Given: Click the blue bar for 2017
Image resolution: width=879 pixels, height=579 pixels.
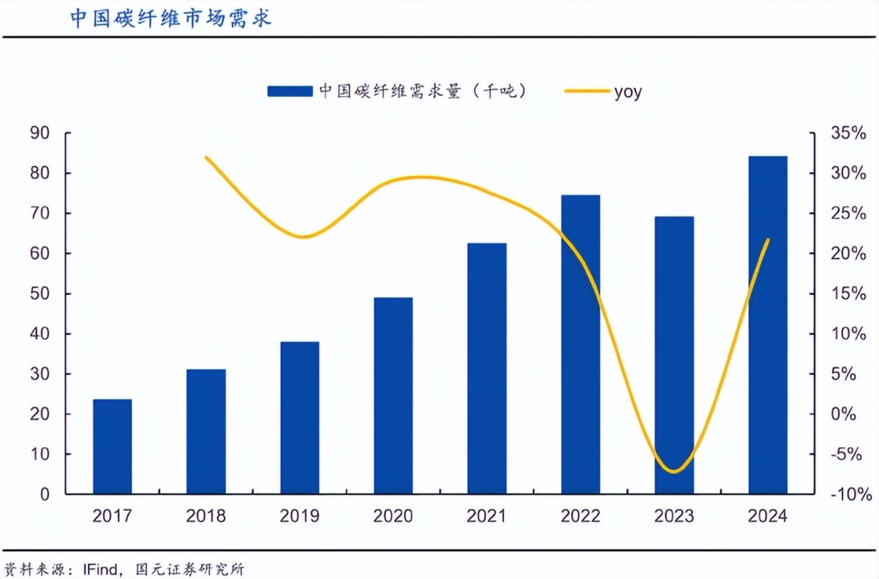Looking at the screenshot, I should pyautogui.click(x=112, y=446).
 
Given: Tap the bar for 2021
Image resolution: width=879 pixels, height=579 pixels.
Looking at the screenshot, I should pyautogui.click(x=487, y=368).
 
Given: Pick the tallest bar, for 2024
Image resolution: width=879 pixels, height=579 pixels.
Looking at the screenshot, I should pyautogui.click(x=767, y=324).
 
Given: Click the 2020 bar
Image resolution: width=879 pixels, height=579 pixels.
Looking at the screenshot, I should pyautogui.click(x=393, y=395).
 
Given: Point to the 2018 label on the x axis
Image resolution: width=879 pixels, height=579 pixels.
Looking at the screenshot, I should pyautogui.click(x=206, y=516).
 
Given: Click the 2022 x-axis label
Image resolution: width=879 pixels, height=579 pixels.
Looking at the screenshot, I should pyautogui.click(x=580, y=516).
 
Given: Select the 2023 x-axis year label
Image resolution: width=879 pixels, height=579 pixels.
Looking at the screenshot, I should pyautogui.click(x=674, y=516).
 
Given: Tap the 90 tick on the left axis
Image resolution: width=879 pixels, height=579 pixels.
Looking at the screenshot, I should pyautogui.click(x=40, y=133).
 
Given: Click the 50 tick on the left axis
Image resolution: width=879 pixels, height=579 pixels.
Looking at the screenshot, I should pyautogui.click(x=40, y=294).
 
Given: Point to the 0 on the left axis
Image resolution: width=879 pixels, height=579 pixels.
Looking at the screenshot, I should pyautogui.click(x=45, y=494).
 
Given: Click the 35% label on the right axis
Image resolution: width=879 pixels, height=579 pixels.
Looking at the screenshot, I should pyautogui.click(x=848, y=133).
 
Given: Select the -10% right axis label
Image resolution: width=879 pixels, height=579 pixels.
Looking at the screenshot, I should pyautogui.click(x=851, y=494).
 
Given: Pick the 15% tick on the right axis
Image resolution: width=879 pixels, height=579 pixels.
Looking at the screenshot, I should pyautogui.click(x=848, y=294).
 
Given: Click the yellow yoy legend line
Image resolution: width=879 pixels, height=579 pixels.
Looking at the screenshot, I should pyautogui.click(x=587, y=92).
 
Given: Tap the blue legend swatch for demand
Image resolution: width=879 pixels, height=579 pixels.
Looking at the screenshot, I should pyautogui.click(x=289, y=92).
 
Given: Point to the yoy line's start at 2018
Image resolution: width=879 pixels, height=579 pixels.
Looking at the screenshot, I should pyautogui.click(x=207, y=157).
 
